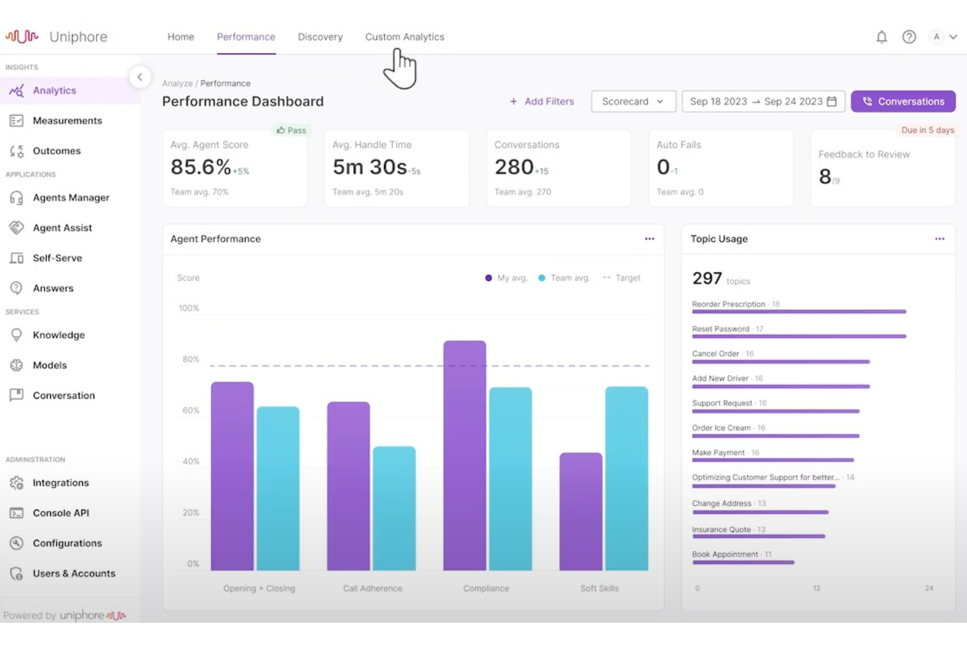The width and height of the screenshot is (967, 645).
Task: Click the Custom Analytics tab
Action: (404, 37)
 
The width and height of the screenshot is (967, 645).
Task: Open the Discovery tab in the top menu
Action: (320, 37)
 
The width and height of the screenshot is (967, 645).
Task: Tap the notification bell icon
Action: (881, 37)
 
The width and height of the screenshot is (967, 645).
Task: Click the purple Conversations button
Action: (903, 101)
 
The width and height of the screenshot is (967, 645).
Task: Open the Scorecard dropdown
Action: (632, 101)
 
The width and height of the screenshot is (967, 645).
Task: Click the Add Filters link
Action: (542, 101)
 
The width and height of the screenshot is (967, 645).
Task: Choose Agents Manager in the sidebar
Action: (71, 197)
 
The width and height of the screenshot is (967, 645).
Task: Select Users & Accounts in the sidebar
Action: (74, 573)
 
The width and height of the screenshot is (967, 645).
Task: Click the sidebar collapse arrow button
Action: (140, 77)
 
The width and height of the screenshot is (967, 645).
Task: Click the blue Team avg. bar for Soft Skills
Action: (626, 478)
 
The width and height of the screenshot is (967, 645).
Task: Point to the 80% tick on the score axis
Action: (191, 359)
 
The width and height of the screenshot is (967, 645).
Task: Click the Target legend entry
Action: (622, 278)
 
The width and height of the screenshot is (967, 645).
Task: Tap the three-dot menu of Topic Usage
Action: (939, 239)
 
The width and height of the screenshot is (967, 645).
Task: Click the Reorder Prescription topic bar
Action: (798, 312)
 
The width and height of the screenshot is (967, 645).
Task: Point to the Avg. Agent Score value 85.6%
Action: (201, 167)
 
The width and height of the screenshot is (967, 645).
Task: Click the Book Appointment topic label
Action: (725, 554)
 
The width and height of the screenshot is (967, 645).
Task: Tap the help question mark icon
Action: (909, 37)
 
